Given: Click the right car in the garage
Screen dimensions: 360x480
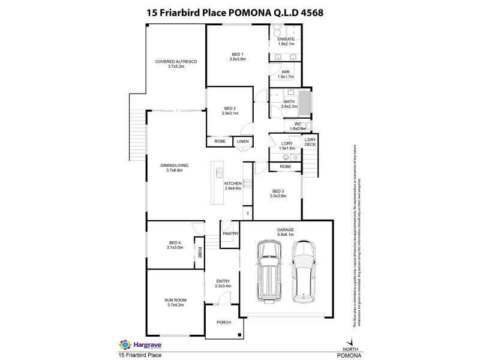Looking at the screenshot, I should (303, 272).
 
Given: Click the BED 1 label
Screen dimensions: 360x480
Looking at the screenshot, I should (238, 55).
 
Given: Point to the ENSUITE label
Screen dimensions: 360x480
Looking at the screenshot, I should (286, 40).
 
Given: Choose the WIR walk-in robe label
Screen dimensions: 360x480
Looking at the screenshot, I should (286, 72).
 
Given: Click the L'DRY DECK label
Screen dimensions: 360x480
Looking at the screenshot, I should (310, 142).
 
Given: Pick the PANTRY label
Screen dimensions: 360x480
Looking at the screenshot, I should (230, 233).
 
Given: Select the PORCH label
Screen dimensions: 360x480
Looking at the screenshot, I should (223, 322).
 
